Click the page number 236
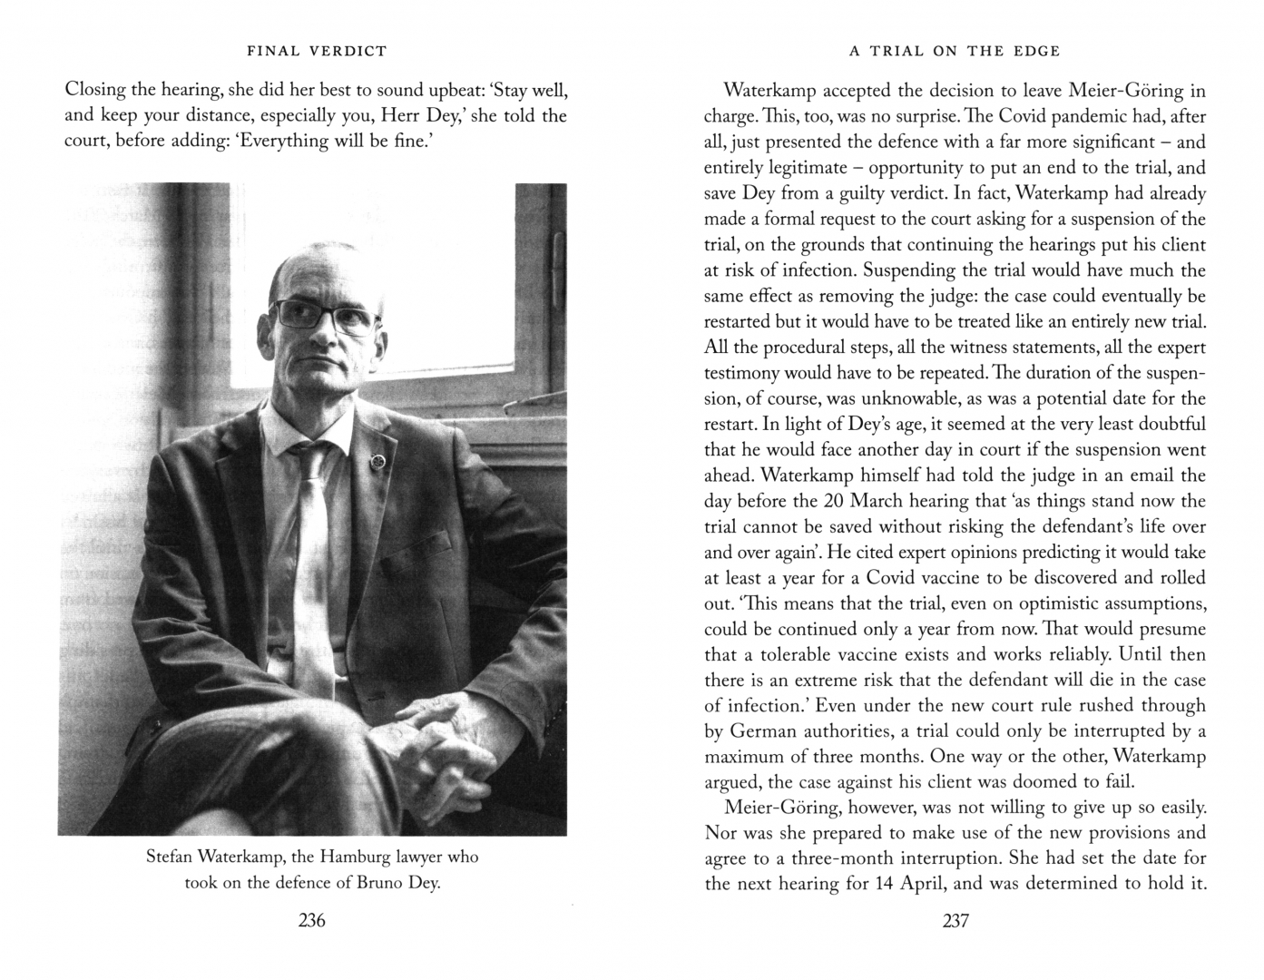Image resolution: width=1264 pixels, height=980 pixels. click(311, 920)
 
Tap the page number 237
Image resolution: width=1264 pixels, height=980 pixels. click(955, 920)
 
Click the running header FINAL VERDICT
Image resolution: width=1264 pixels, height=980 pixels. click(317, 51)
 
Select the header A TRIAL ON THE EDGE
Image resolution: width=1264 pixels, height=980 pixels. click(955, 51)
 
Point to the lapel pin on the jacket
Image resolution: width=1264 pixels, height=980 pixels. click(374, 464)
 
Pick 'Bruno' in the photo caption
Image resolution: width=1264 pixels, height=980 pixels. click(377, 883)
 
